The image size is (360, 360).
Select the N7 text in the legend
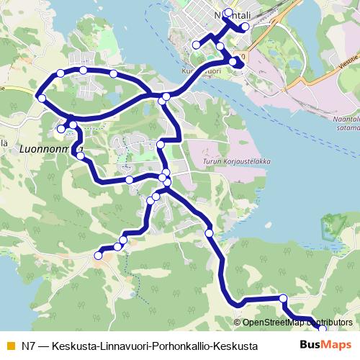pos(28,346)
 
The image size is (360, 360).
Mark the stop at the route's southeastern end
pos(322,328)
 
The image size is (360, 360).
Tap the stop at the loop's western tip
pos(42,98)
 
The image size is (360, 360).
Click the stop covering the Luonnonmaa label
pos(73,126)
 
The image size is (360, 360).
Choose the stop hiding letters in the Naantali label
pos(229,13)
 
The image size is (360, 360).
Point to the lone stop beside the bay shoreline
pos(209,232)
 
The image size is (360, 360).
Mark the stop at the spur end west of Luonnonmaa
pos(60,129)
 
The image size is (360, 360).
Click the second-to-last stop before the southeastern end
pos(283,298)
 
